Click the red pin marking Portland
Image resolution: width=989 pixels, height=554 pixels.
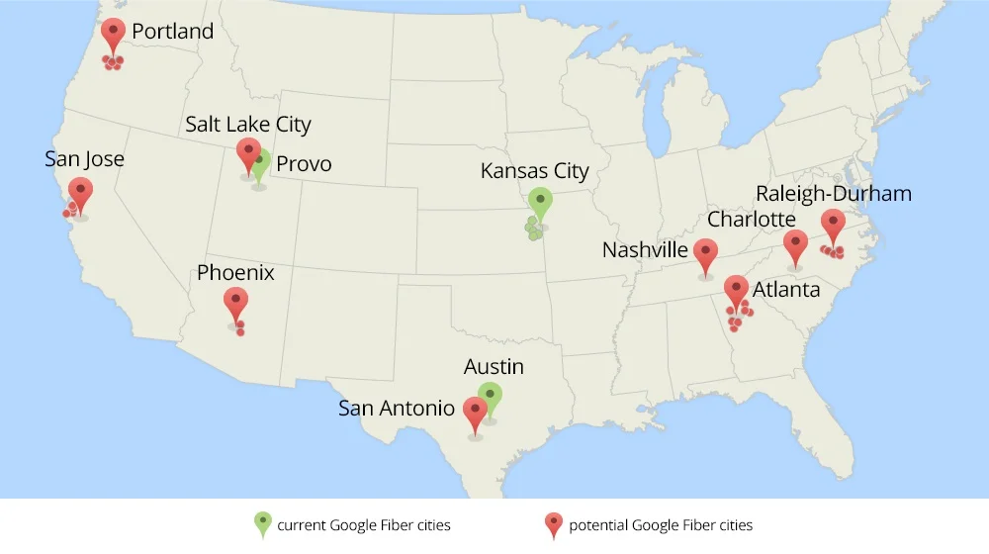pos(114,33)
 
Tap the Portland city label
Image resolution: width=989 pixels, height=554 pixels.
pos(172,32)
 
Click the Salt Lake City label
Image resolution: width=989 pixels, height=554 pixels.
pos(248,125)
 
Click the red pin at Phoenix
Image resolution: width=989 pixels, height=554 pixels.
pos(235,301)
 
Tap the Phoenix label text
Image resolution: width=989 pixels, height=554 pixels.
pos(235,272)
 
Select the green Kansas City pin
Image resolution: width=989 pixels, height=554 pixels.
pos(539,202)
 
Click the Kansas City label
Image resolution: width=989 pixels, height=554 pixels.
pos(534,171)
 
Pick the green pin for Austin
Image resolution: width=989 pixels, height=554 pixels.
pos(490,396)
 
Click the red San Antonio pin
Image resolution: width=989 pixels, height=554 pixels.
pos(475,411)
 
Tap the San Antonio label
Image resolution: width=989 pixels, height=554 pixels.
pos(397,408)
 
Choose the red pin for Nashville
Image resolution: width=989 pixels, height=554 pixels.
pos(705,253)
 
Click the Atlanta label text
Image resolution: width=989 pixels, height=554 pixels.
pos(786,290)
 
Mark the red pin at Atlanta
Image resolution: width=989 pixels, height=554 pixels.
pos(736,290)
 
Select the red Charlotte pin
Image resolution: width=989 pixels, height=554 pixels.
pos(795,244)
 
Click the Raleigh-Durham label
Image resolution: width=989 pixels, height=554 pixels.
pos(833,193)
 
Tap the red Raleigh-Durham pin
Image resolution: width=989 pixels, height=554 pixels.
pos(833,224)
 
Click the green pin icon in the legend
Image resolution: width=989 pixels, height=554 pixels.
pos(263,523)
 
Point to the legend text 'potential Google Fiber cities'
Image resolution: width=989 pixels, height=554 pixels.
pos(661,525)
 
